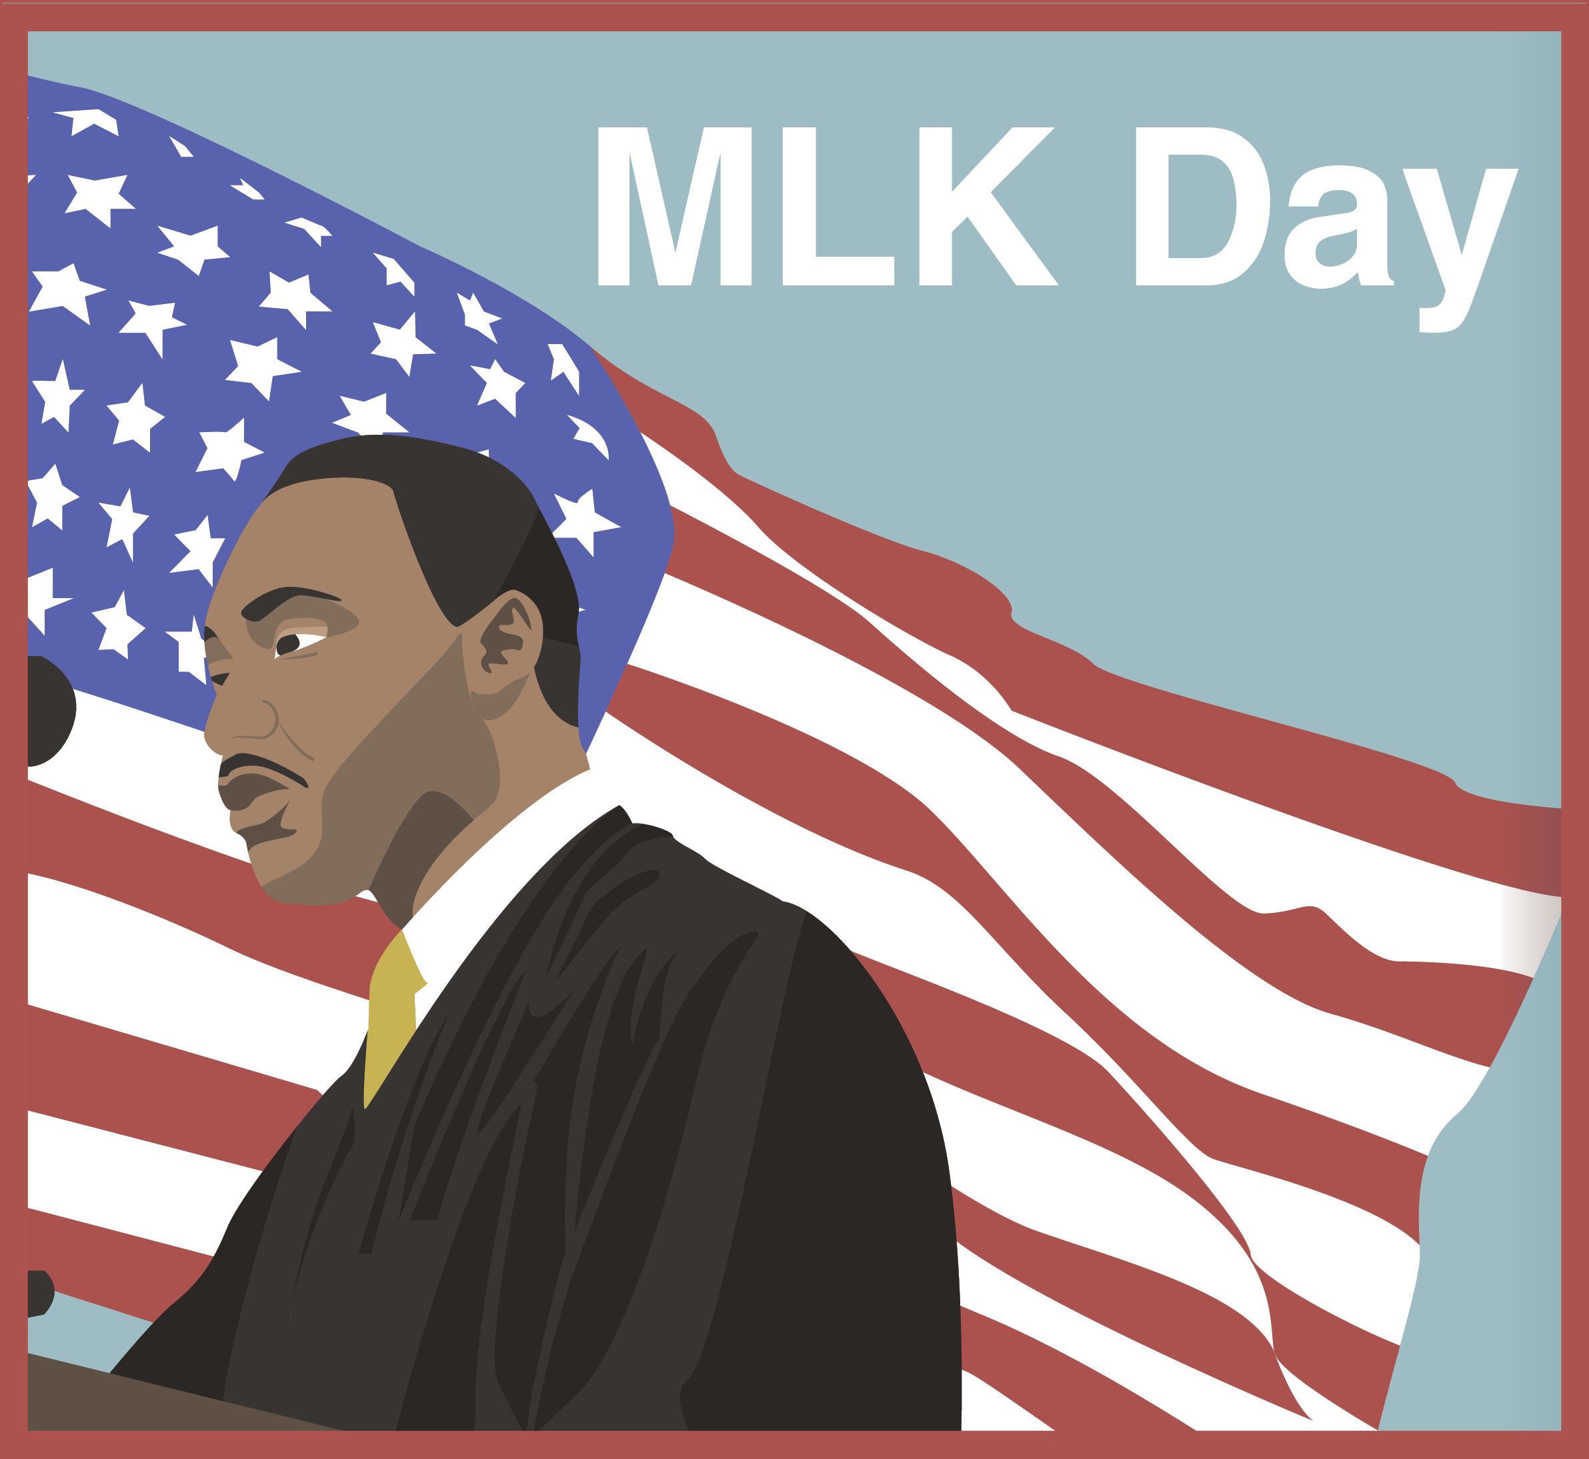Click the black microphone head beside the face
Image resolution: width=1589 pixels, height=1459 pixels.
pos(47,711)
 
